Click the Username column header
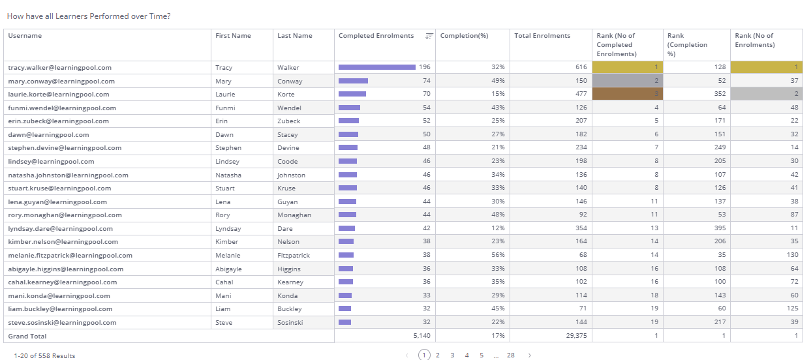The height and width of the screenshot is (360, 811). (25, 36)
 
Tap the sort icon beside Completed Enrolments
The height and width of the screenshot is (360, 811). (429, 36)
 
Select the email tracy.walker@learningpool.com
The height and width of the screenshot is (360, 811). (59, 67)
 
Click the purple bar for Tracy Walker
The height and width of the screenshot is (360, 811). (377, 67)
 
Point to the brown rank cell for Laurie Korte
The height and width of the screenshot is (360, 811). (627, 94)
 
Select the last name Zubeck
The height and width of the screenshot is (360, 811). (288, 121)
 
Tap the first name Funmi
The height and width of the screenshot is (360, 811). (224, 108)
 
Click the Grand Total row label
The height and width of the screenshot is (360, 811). (27, 336)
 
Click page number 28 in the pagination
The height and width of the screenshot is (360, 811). (511, 355)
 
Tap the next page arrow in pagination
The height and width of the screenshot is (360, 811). (530, 355)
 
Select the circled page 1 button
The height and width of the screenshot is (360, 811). (424, 355)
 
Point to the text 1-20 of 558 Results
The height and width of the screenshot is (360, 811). (44, 355)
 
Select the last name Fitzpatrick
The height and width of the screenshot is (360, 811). (294, 255)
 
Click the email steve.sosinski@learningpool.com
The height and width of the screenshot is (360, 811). (62, 322)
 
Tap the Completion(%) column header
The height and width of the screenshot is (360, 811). (464, 36)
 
